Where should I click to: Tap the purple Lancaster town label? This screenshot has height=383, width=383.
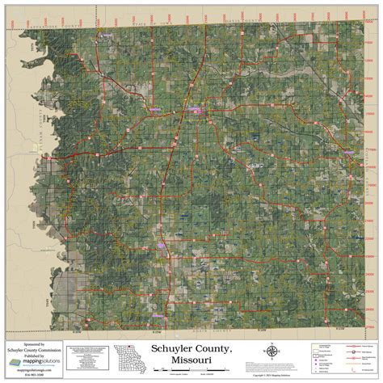pos(196,108)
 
